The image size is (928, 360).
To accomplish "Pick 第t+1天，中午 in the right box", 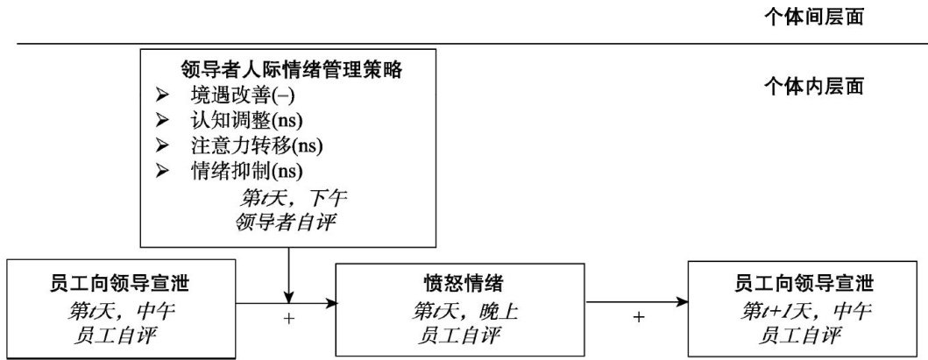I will tap(806, 309).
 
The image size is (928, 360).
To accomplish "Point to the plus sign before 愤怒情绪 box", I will tap(289, 318).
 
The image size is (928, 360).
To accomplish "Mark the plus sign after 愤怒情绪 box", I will tap(638, 317).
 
